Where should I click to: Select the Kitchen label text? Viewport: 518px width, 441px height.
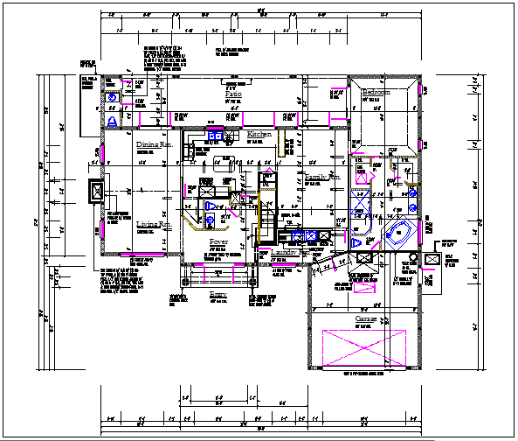coord(259,135)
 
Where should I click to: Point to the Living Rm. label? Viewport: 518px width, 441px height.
coord(153,225)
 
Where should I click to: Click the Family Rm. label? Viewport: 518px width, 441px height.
coord(321,178)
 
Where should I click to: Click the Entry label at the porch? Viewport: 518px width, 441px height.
coord(218,295)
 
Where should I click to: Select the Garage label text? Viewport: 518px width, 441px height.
coord(366,320)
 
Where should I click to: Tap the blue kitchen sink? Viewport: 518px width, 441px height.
coord(215,136)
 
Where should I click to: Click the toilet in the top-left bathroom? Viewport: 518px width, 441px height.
coord(113,120)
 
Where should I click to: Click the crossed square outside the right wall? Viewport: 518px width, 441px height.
coord(432,260)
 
